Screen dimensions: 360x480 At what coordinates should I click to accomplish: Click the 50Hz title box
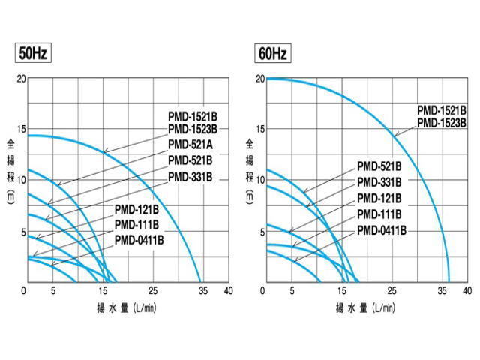(x=32, y=54)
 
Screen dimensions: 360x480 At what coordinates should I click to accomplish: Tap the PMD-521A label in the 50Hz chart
(x=191, y=145)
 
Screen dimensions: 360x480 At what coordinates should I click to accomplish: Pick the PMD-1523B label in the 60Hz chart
(x=442, y=121)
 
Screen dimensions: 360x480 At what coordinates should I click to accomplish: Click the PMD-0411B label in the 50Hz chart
(x=139, y=240)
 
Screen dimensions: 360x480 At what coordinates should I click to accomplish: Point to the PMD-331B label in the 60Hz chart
(x=379, y=182)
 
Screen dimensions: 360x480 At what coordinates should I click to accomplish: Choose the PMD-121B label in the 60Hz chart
(x=379, y=198)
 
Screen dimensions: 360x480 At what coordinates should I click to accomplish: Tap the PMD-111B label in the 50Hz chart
(x=137, y=224)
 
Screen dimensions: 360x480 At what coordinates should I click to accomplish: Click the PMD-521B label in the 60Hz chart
(x=379, y=166)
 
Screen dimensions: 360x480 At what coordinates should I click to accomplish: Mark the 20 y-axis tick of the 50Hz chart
(x=20, y=78)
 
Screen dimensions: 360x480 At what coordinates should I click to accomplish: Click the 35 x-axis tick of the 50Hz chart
(x=202, y=291)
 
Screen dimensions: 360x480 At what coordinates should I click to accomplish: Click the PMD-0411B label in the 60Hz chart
(x=382, y=229)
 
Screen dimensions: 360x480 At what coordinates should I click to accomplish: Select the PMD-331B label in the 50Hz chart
(x=191, y=177)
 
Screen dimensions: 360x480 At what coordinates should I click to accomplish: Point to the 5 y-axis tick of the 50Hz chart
(x=22, y=231)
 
